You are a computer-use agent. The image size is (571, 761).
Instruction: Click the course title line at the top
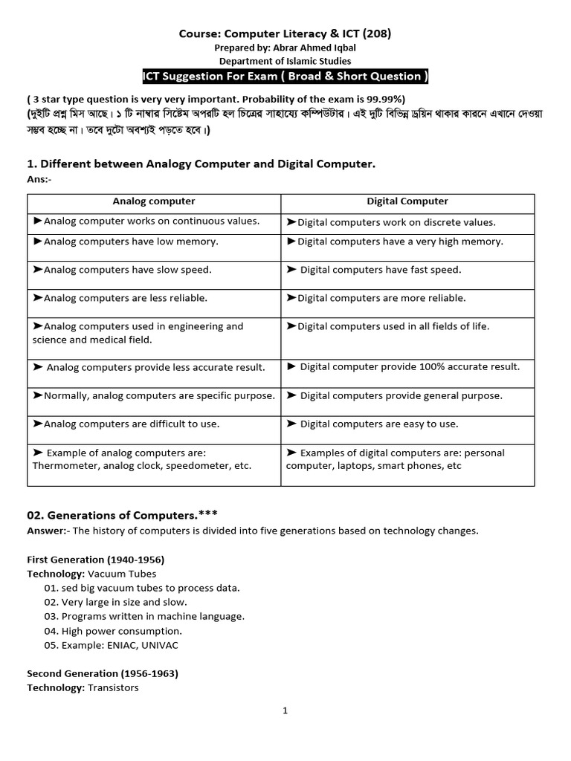pyautogui.click(x=285, y=33)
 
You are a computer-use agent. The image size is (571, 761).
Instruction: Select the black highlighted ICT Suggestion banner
pyautogui.click(x=285, y=77)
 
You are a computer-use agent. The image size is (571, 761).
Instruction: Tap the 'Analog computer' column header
pyautogui.click(x=154, y=201)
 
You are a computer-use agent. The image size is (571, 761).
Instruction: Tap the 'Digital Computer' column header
pyautogui.click(x=407, y=201)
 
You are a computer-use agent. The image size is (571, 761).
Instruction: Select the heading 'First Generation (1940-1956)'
pyautogui.click(x=95, y=559)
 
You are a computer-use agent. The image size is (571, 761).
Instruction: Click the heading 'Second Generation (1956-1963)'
pyautogui.click(x=102, y=673)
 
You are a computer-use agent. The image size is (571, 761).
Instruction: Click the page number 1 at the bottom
pyautogui.click(x=285, y=710)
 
